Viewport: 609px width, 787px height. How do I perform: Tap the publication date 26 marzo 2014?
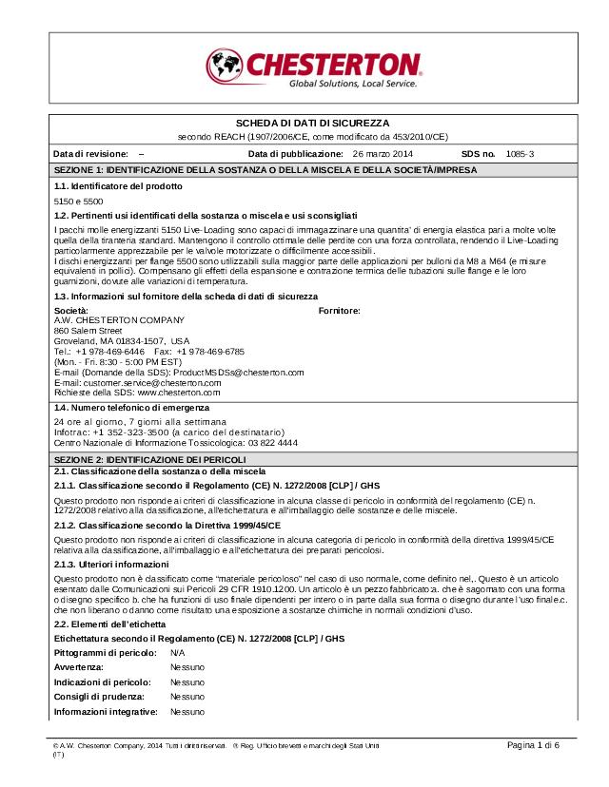383,153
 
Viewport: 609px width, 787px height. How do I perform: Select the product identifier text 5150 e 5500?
79,202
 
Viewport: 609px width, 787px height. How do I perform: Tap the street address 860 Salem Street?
88,330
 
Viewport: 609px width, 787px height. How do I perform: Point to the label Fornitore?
339,310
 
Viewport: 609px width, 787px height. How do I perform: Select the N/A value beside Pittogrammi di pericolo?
178,654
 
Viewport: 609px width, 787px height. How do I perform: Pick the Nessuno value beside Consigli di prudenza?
187,697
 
